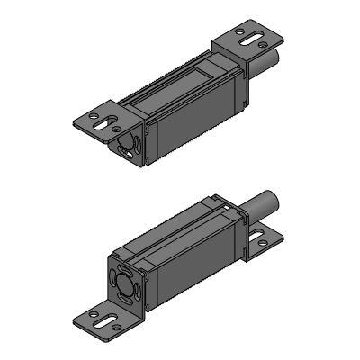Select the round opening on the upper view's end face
pos(125,144)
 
